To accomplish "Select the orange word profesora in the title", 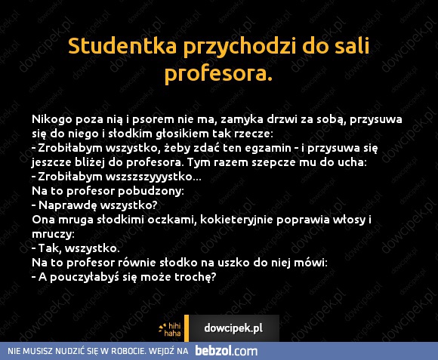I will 217,75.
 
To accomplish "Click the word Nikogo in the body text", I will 51,118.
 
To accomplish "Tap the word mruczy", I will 53,233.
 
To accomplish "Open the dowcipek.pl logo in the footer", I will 233,328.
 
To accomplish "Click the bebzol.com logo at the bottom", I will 227,351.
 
